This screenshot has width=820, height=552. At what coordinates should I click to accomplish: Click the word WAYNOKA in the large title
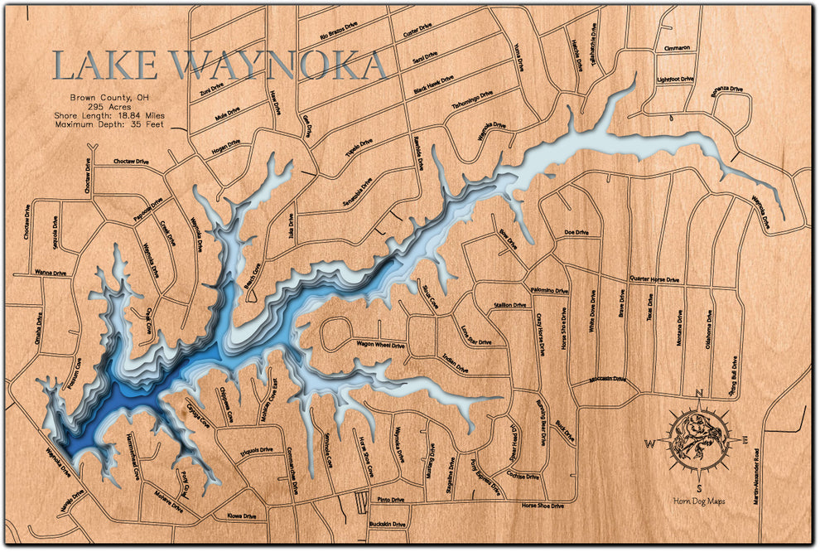click(277, 65)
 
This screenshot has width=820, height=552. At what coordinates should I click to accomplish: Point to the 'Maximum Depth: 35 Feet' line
click(109, 123)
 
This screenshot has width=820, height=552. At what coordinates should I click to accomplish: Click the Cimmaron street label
click(677, 49)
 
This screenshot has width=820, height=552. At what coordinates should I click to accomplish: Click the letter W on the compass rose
click(651, 443)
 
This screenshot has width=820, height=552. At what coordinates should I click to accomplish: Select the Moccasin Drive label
click(607, 380)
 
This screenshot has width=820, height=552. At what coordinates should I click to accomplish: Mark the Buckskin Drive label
click(388, 525)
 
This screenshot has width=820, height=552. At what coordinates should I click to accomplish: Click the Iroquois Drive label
click(254, 450)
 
